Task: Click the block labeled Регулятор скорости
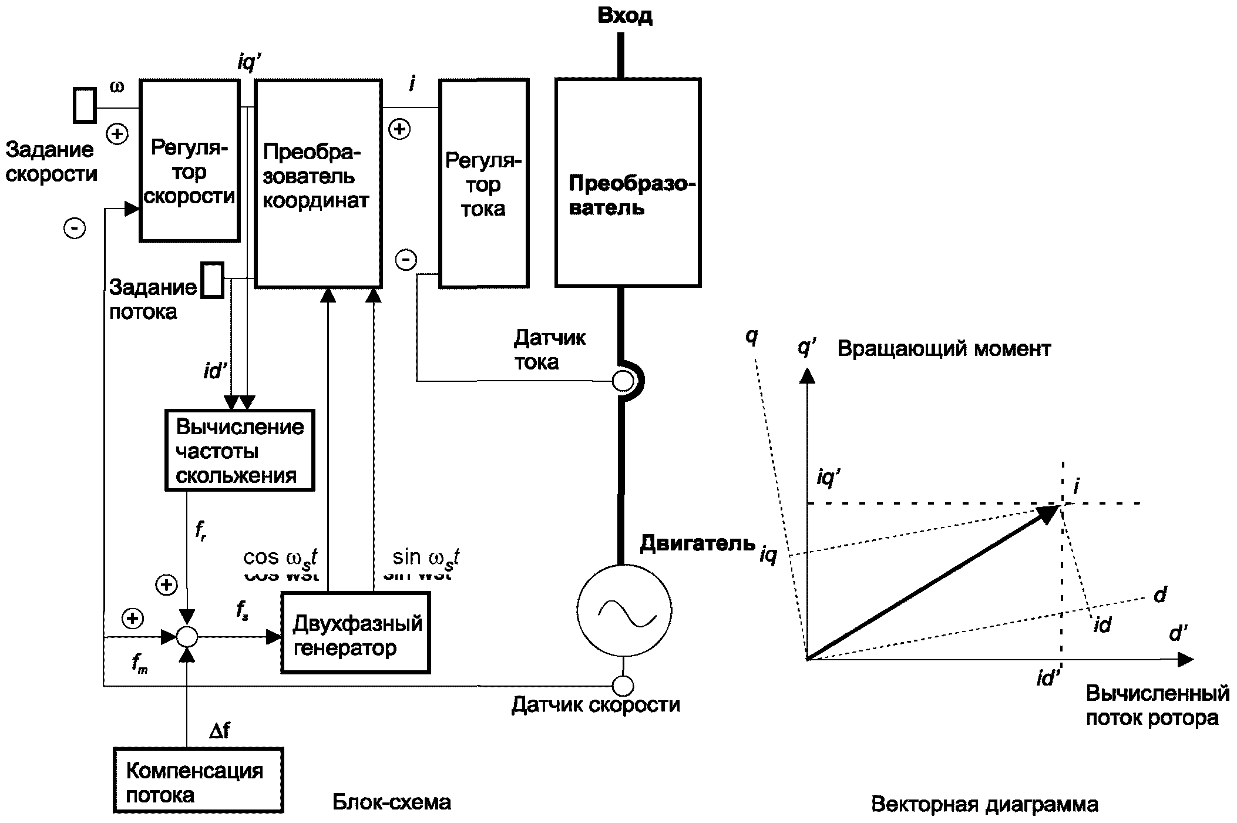point(189,160)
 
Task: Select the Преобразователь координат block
point(318,183)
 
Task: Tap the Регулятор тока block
point(483,183)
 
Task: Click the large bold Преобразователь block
point(627,183)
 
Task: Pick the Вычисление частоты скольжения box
point(240,451)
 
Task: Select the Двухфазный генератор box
point(355,632)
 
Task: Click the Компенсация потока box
point(199,780)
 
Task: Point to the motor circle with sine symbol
point(624,610)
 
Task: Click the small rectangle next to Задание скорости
point(85,105)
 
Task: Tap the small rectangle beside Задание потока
point(212,280)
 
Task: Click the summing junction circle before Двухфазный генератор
point(187,637)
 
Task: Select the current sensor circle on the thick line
point(623,381)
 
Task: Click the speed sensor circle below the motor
point(623,685)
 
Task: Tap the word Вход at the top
point(624,16)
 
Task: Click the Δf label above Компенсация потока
point(220,730)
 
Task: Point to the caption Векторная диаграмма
point(984,804)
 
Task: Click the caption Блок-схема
point(391,802)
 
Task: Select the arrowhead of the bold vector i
point(1050,513)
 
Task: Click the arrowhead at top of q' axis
point(808,375)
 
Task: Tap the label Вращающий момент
point(943,349)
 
